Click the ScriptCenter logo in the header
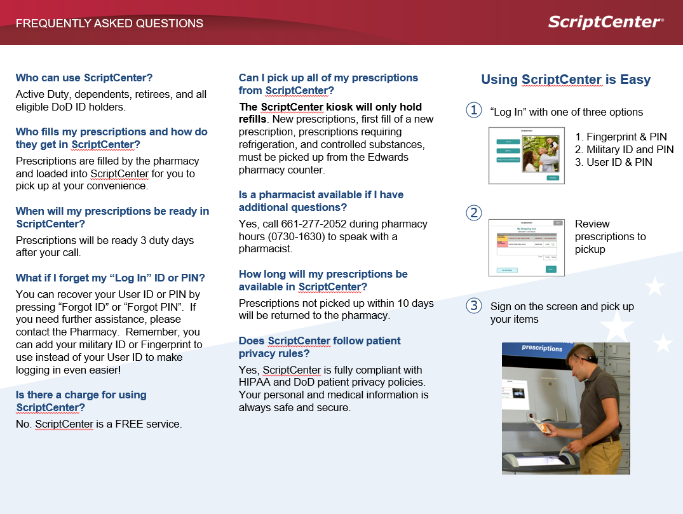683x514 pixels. [x=605, y=22]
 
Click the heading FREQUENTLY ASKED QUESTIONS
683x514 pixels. [x=109, y=24]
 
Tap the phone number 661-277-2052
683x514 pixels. [x=310, y=224]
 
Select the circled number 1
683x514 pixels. [x=474, y=111]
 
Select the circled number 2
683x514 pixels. [x=474, y=212]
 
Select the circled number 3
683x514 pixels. [x=474, y=306]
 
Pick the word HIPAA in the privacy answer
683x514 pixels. [x=257, y=382]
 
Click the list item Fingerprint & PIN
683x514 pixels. [x=621, y=137]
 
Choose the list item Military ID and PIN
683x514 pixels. [x=624, y=149]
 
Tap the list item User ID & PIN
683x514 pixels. [x=614, y=162]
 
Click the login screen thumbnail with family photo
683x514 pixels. [x=526, y=156]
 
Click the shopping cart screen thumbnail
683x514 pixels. [x=526, y=247]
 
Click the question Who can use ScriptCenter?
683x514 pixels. [x=84, y=78]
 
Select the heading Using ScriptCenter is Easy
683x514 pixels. [x=565, y=79]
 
